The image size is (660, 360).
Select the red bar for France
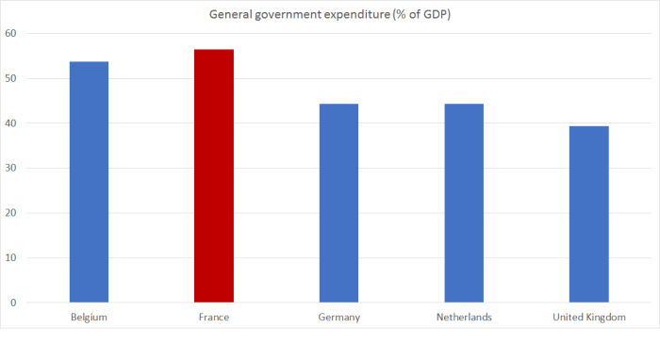214,175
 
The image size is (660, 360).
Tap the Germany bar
338,203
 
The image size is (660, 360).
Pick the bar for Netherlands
464,203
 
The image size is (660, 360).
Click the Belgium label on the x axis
89,318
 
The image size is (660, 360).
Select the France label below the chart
214,318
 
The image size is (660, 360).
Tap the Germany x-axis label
338,318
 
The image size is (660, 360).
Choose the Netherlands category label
464,318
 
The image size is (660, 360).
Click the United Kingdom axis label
588,318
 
